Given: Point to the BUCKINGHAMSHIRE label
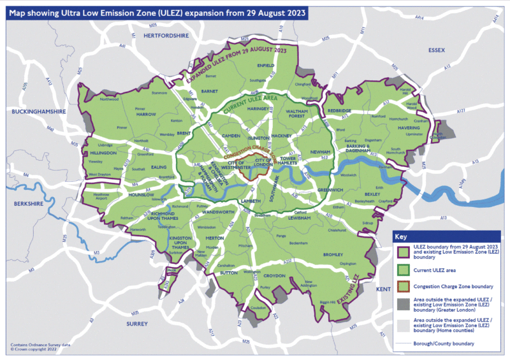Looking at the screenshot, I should coord(39,112).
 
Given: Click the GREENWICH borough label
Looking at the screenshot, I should coord(331,189).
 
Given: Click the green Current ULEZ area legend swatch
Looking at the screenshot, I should coord(402,272).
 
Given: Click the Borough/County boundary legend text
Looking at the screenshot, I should coord(450,345).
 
